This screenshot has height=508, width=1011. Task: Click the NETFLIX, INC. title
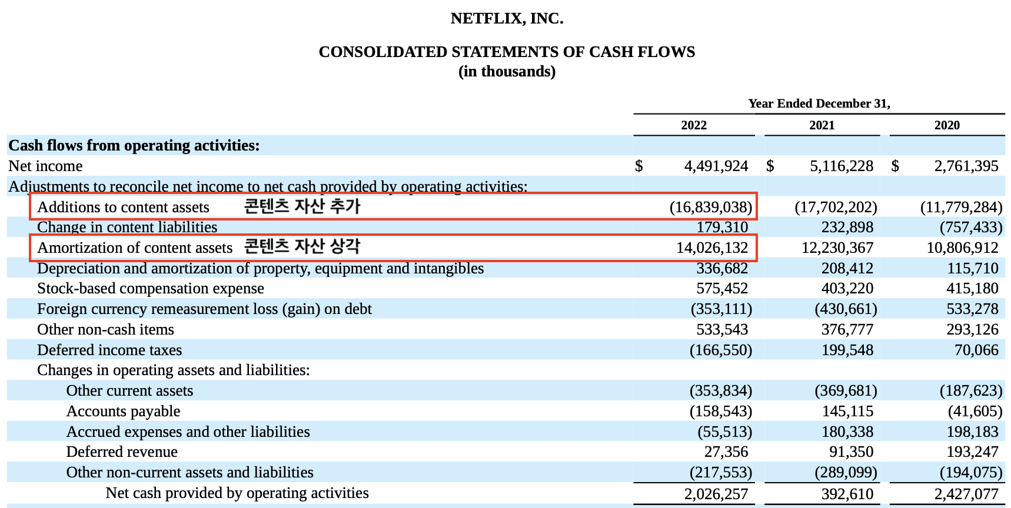point(507,19)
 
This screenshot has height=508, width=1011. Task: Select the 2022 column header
point(694,125)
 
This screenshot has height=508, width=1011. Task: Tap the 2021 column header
point(822,125)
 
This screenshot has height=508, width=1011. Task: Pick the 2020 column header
point(946,125)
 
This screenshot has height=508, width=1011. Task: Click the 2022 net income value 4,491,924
point(716,166)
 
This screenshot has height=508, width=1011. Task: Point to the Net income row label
point(45,166)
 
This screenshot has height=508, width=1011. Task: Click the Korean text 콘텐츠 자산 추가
point(302,206)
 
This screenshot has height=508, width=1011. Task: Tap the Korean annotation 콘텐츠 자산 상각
point(302,246)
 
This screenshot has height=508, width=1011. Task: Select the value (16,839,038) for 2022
point(710,207)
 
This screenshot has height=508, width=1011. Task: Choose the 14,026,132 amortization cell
point(712,248)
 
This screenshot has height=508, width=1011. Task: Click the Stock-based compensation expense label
point(150,289)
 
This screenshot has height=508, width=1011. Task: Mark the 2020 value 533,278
point(972,309)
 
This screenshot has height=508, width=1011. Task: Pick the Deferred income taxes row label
point(109,350)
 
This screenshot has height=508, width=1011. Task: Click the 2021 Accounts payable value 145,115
point(847,412)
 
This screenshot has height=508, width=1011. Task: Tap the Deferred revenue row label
point(122,452)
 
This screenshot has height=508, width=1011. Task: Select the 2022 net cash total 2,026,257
point(716,494)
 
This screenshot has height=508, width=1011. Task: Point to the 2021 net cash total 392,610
point(847,494)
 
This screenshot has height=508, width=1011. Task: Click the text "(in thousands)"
point(507,72)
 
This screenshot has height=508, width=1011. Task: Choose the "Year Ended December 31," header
point(819,103)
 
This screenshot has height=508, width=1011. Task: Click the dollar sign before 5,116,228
point(770,166)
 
